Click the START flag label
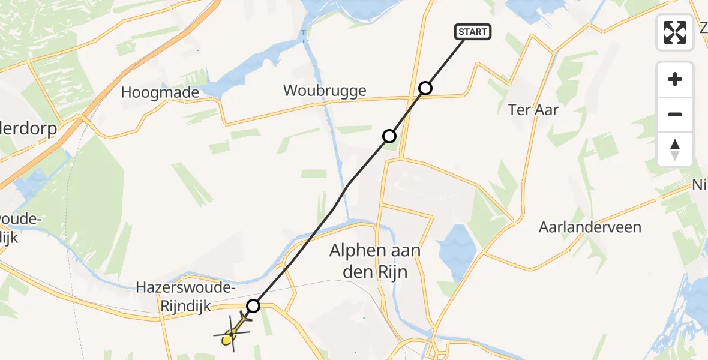473,32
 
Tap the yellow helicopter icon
231,335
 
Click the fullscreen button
675,32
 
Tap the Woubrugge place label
325,91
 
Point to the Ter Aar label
533,110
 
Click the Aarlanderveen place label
590,227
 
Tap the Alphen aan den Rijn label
374,261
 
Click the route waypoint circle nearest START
425,88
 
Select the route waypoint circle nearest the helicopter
253,306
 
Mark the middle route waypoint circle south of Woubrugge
389,136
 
